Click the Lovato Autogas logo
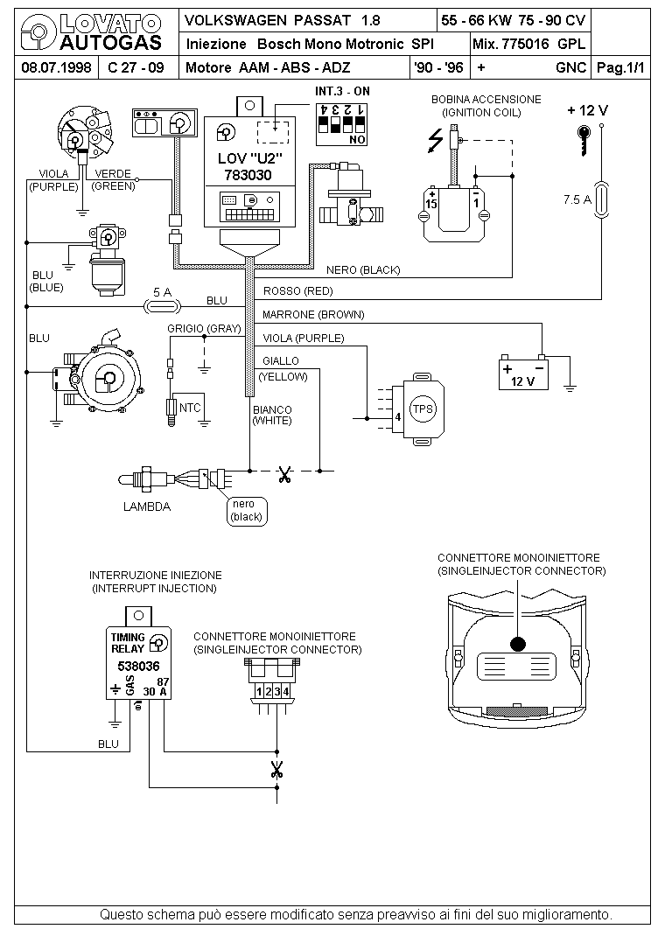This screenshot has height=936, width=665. pos(91,32)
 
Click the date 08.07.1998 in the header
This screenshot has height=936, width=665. pos(56,67)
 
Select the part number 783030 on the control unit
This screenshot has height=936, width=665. pos(248,175)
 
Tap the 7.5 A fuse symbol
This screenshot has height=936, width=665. pos(601,199)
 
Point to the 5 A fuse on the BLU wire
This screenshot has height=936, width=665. pos(163,307)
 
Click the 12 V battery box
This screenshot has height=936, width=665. pos(523,374)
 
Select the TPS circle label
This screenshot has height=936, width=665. pos(423,409)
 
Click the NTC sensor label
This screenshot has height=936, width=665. pos(190,408)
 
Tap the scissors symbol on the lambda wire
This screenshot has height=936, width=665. pos(284,475)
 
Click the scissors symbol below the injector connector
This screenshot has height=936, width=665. pos(276,769)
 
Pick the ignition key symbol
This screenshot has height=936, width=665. pos(584,140)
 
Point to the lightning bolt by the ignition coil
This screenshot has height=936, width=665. pos(436,141)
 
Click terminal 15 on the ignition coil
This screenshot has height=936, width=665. pos(431,201)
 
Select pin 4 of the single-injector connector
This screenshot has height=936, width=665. pos(286,691)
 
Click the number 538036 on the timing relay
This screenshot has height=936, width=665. pos(138,667)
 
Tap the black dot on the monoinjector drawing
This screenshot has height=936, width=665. pos(517,644)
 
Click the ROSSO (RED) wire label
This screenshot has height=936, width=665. pos(297,291)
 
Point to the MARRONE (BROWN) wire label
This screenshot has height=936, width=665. pos(313,315)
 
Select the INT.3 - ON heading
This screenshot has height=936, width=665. pos(343,91)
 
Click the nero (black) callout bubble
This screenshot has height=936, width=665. pos(247,511)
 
